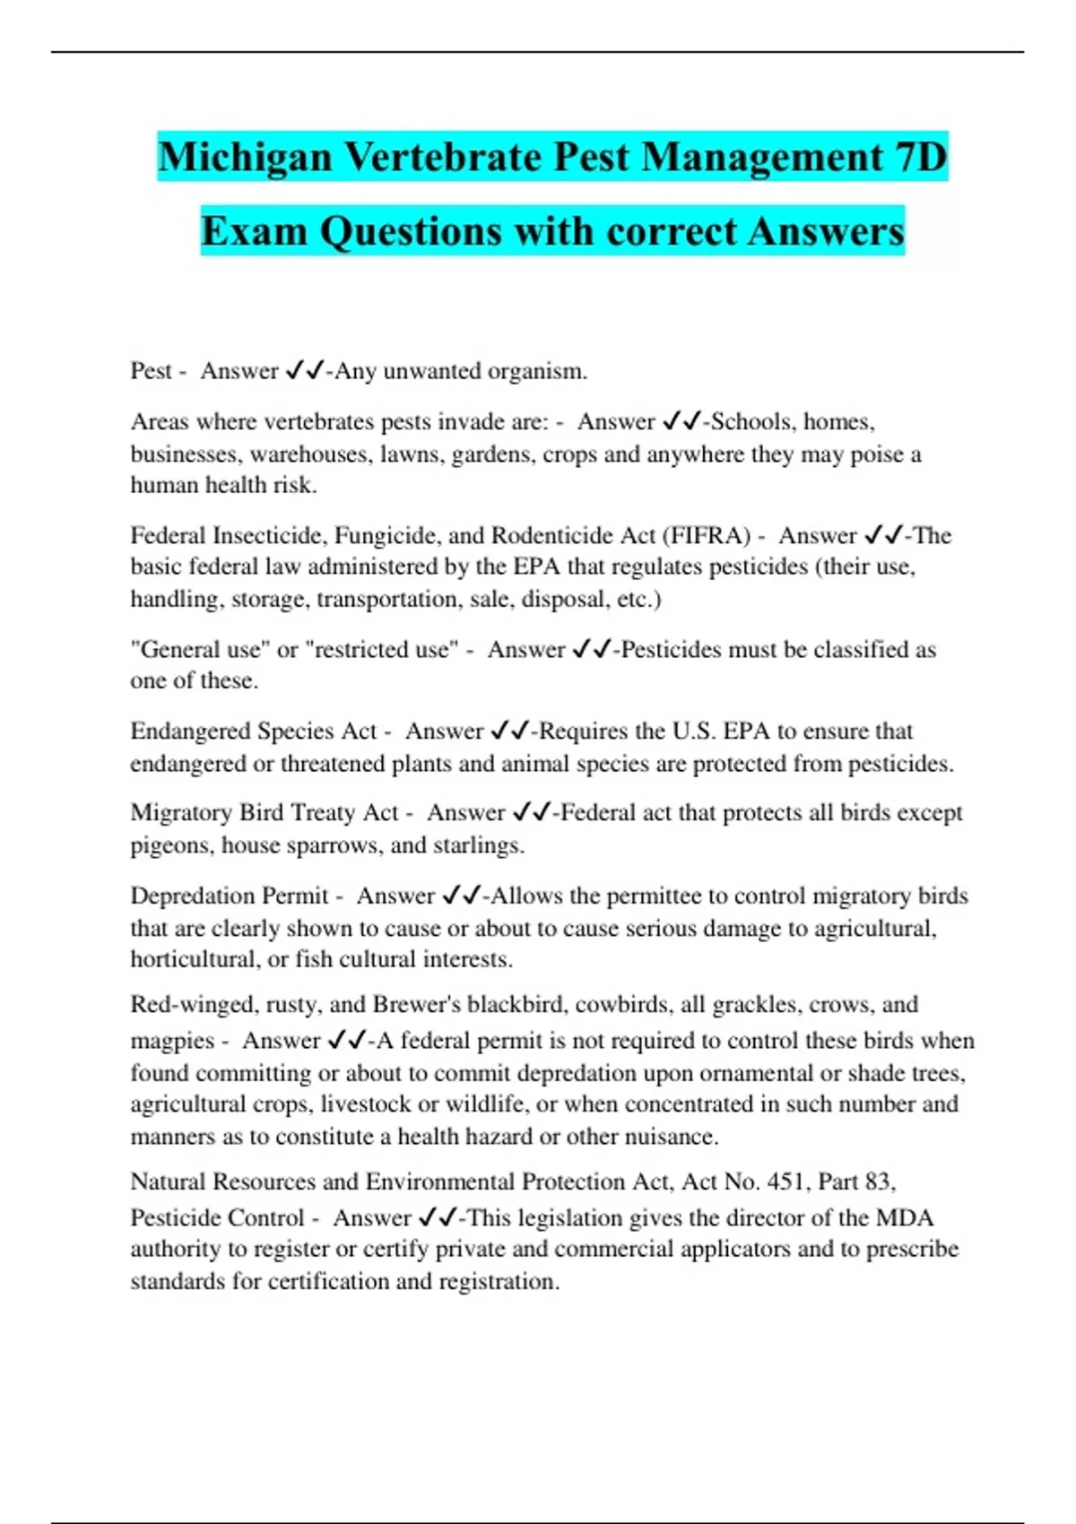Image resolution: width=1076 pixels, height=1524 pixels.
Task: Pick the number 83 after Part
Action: [x=877, y=1182]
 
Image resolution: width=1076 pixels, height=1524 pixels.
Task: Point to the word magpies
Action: [x=172, y=1042]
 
